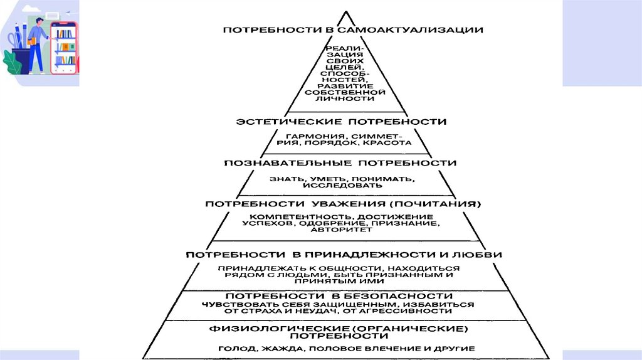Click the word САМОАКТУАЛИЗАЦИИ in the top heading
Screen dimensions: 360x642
click(408, 29)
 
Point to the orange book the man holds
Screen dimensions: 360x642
click(31, 41)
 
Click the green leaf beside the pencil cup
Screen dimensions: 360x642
click(11, 62)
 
